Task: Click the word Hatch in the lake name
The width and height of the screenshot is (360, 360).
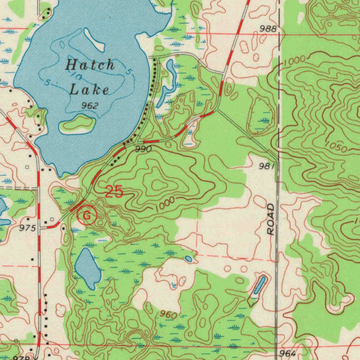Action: click(x=91, y=65)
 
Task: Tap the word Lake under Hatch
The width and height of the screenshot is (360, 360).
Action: click(x=89, y=90)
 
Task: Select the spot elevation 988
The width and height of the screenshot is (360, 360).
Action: click(x=268, y=29)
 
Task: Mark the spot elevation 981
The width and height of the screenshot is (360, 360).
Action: click(x=267, y=166)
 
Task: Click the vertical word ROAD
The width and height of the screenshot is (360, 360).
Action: click(x=271, y=219)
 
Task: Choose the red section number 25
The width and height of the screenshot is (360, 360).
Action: click(x=115, y=192)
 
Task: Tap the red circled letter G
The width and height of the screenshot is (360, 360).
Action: click(x=86, y=216)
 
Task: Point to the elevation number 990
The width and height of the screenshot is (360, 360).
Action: click(x=143, y=149)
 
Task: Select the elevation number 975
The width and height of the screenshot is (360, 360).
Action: click(x=28, y=228)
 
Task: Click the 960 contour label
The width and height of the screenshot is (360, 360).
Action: click(x=168, y=315)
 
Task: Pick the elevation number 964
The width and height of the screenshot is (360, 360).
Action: click(x=287, y=353)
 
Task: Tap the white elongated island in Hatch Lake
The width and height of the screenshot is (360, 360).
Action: click(x=94, y=40)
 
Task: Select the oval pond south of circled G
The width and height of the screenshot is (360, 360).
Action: click(x=88, y=268)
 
